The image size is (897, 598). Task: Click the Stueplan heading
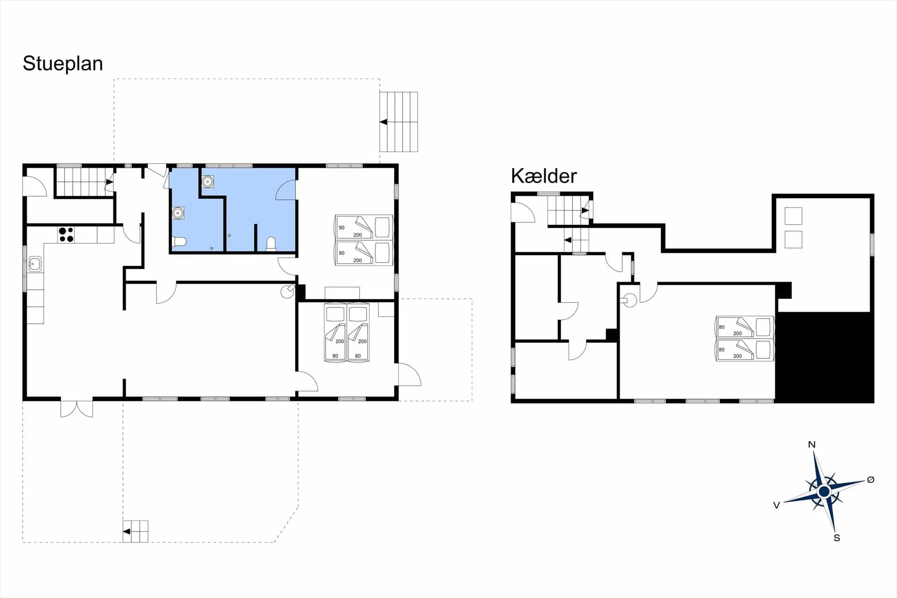pos(63,64)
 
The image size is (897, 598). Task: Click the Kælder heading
pos(543,176)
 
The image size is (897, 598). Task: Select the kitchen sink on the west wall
pos(35,264)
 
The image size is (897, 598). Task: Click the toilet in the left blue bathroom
pos(179,242)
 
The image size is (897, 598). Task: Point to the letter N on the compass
pos(812,444)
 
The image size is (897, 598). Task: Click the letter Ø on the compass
pos(870,479)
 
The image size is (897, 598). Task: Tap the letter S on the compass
pos(837,538)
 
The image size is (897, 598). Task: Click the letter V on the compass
pos(776,505)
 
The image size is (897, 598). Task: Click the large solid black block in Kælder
pos(824,357)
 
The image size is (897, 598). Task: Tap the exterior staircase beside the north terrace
pos(399,122)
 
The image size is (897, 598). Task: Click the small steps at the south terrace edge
pos(135,531)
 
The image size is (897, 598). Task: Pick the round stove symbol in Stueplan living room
pos(287,292)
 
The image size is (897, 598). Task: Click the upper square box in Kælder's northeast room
pos(793,216)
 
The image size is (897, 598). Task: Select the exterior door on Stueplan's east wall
pos(408,375)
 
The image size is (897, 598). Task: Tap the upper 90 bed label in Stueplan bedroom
pos(342,228)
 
